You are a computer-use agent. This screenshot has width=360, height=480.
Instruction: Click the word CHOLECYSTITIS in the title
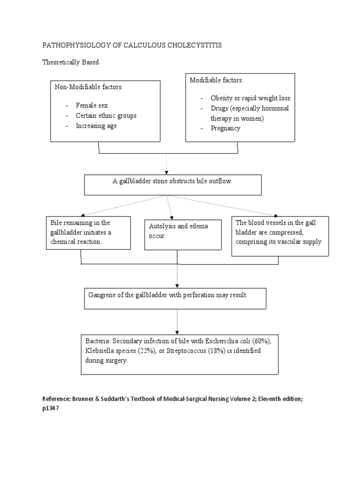pyautogui.click(x=192, y=45)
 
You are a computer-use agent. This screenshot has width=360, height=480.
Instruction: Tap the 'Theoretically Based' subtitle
pyautogui.click(x=71, y=62)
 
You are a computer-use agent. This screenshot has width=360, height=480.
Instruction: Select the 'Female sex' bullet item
pyautogui.click(x=92, y=105)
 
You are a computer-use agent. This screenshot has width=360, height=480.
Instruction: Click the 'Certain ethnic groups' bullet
pyautogui.click(x=106, y=115)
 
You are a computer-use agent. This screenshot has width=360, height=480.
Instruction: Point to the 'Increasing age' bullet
pyautogui.click(x=96, y=126)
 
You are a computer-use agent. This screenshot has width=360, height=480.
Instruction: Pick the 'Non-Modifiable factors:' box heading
pyautogui.click(x=89, y=87)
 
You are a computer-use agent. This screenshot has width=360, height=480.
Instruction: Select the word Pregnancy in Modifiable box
pyautogui.click(x=225, y=128)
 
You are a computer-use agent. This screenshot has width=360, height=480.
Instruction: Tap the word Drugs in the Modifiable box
pyautogui.click(x=219, y=108)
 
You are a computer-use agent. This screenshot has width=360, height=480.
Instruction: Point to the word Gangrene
pyautogui.click(x=102, y=295)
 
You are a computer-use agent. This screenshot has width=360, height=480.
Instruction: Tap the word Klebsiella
pyautogui.click(x=100, y=351)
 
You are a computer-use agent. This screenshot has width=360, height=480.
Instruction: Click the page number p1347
pyautogui.click(x=52, y=408)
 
